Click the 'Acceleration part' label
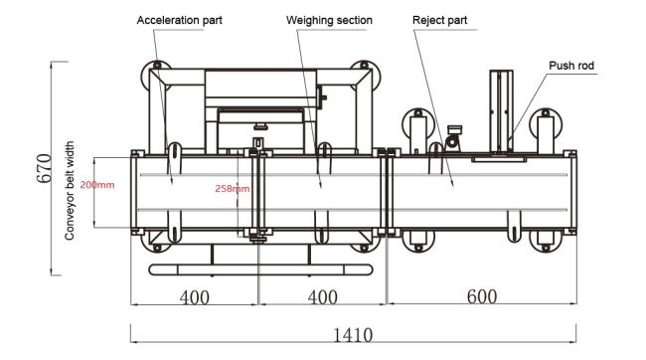pyautogui.click(x=179, y=20)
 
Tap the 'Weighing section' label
pyautogui.click(x=329, y=20)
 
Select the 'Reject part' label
pyautogui.click(x=439, y=20)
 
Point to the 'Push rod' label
pyautogui.click(x=571, y=66)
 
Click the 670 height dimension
pyautogui.click(x=45, y=168)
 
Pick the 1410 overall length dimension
pyautogui.click(x=353, y=335)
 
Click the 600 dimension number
pyautogui.click(x=482, y=296)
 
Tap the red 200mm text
pyautogui.click(x=97, y=185)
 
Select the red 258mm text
pyautogui.click(x=233, y=189)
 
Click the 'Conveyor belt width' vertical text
pyautogui.click(x=70, y=191)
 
